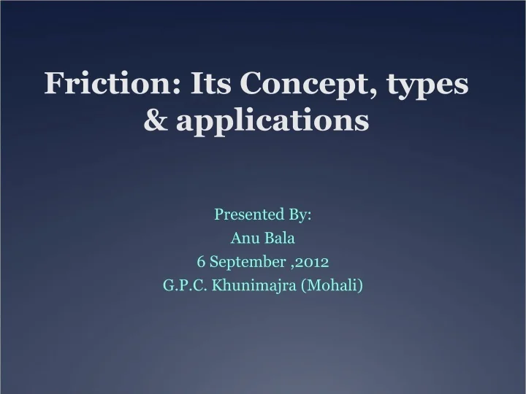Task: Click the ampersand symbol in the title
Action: [x=155, y=121]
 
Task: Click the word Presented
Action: [x=244, y=215]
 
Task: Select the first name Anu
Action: [x=243, y=238]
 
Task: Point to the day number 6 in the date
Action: [x=200, y=261]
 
